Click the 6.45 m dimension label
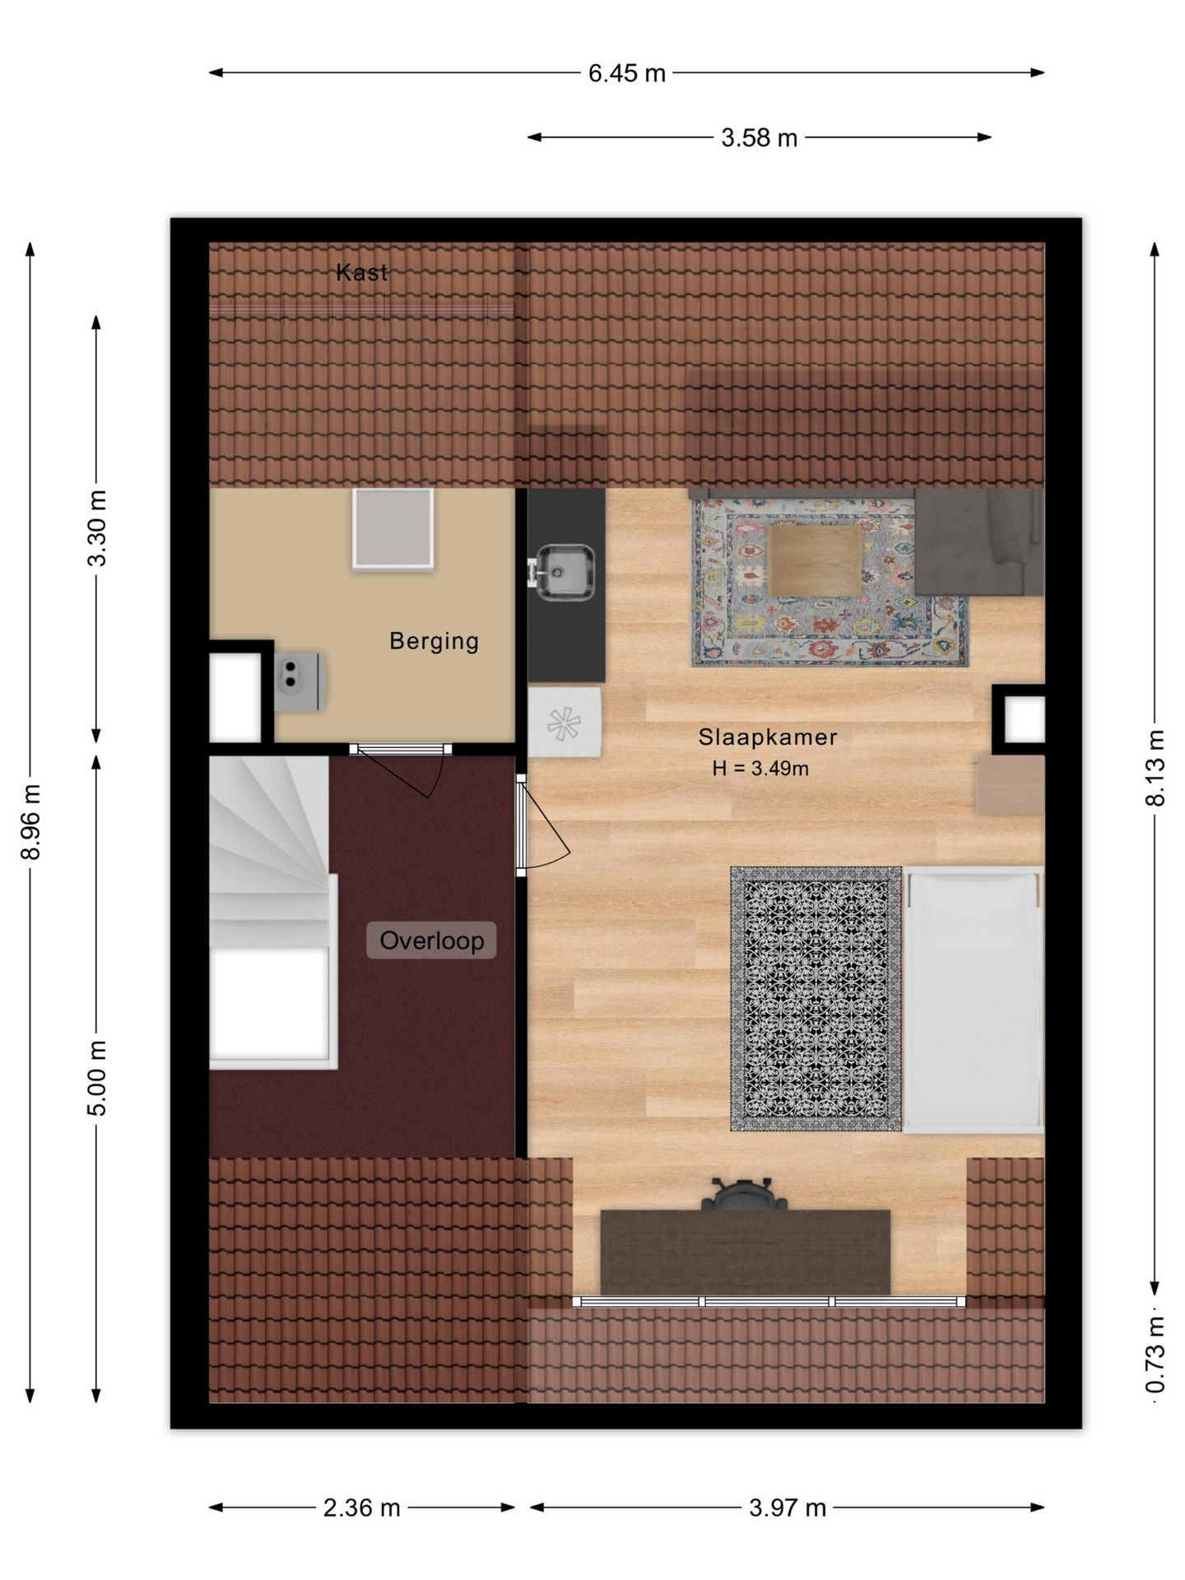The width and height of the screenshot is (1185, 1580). point(626,73)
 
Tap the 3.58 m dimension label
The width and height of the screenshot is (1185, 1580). point(759,137)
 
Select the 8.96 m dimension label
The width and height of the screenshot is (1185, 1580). point(30,822)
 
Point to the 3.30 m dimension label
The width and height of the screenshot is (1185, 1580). point(97,528)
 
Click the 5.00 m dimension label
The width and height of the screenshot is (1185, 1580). point(97,1078)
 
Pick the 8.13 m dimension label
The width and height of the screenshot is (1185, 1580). point(1155,768)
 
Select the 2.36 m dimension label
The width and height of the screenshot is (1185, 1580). point(361,1508)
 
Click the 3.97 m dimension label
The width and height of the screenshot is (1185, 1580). point(788,1508)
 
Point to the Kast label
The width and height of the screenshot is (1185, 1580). point(361,272)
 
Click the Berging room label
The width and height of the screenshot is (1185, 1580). point(434,640)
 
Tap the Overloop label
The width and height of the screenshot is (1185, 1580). point(431,940)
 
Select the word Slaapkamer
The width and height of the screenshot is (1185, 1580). point(768,737)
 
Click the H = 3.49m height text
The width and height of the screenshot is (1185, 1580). point(760,769)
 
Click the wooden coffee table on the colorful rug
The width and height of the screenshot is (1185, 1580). point(815,560)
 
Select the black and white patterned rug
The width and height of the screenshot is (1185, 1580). point(816,998)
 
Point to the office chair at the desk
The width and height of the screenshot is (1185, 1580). point(745,1193)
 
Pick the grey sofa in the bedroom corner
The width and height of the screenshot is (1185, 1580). point(979,541)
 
